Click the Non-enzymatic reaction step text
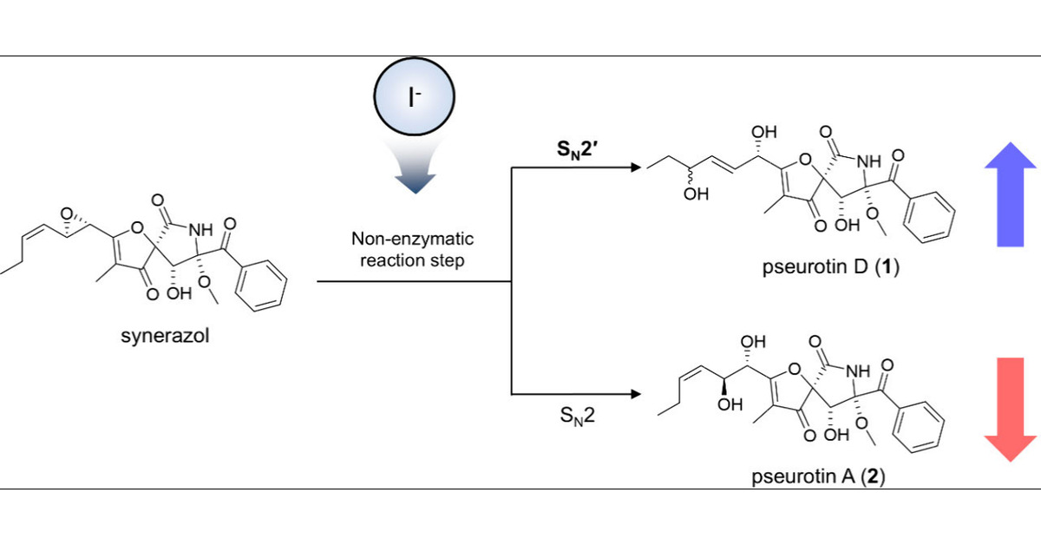click(412, 249)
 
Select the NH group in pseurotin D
click(871, 161)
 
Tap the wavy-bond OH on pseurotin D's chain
click(695, 194)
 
